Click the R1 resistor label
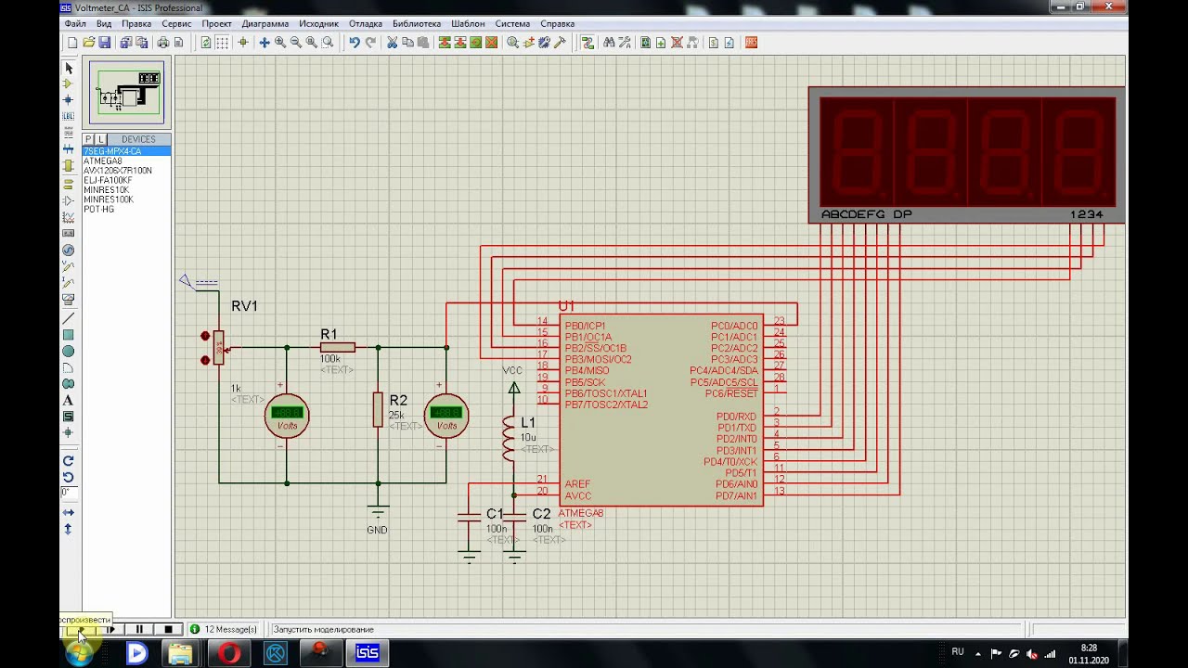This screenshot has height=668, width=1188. tap(329, 334)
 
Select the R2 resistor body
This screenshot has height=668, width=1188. tap(378, 409)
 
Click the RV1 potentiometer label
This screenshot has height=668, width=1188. tap(244, 306)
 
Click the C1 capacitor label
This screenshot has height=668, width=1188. tap(495, 514)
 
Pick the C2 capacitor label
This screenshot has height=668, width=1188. tap(541, 514)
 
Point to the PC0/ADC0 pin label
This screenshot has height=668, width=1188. tap(734, 327)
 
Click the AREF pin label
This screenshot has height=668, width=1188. tap(577, 484)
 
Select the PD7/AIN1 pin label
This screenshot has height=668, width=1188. tap(736, 496)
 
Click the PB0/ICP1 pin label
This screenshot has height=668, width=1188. tap(585, 327)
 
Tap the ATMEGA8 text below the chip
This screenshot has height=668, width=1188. tap(581, 513)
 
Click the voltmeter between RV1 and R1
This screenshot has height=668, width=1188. tap(287, 415)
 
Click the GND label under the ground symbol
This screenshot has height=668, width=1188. tap(377, 530)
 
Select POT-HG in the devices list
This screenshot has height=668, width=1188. tap(98, 210)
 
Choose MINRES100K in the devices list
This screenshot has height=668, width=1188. tap(108, 199)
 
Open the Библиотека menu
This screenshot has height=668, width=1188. tap(417, 23)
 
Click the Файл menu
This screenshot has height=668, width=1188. tap(75, 23)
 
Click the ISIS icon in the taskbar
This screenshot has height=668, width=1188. tap(368, 653)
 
